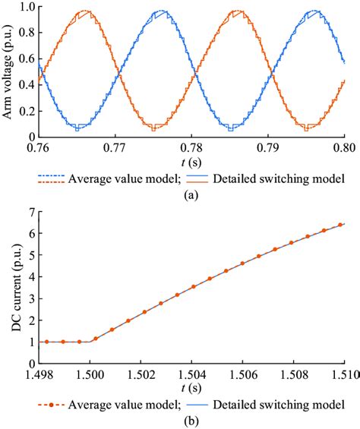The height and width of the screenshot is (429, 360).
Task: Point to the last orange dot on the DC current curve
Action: pos(339,225)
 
